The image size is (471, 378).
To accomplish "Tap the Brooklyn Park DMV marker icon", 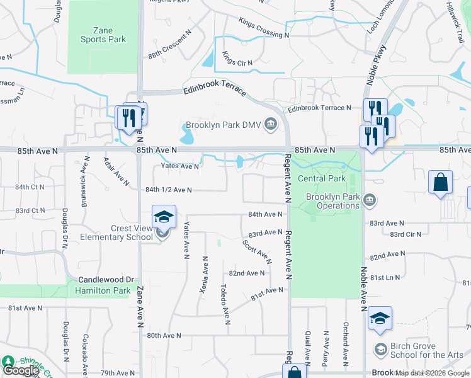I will [x=271, y=124].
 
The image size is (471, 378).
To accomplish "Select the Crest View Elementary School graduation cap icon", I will [x=164, y=217].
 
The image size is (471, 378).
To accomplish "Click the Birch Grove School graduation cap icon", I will [x=380, y=319].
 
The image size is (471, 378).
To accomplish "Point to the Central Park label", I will [x=321, y=178].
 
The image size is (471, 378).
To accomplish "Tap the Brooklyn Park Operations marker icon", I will [x=370, y=201].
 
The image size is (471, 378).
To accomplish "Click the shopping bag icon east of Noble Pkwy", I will [x=440, y=183].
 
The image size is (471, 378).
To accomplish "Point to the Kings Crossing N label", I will [x=263, y=28].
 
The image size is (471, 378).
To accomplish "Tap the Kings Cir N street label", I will [x=237, y=63].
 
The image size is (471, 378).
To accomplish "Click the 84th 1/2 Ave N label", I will [x=168, y=190].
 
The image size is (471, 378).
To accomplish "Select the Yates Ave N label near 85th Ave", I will [x=180, y=166].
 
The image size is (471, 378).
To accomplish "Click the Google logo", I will [x=21, y=370].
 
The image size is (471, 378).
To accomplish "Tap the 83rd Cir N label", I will [x=405, y=234].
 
